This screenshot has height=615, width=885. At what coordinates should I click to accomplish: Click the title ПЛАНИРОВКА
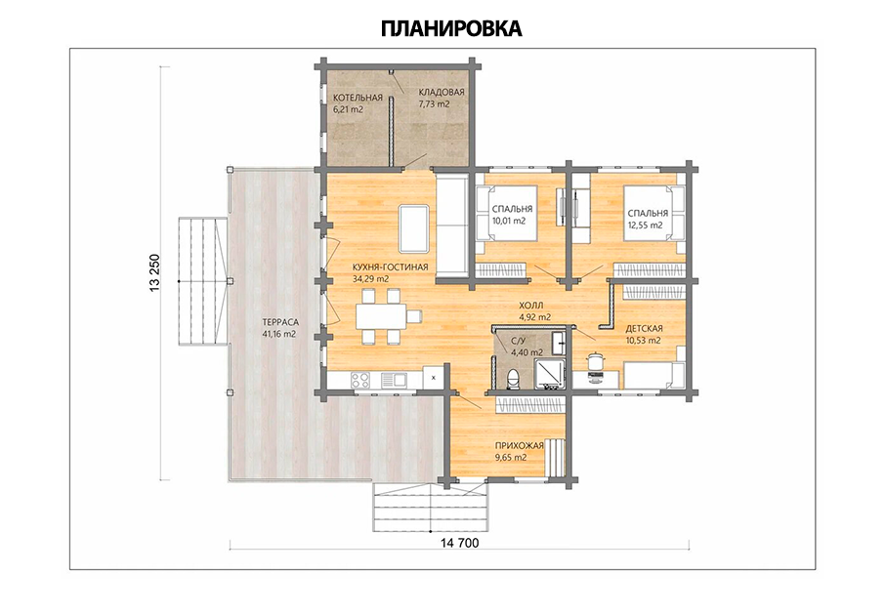(451, 28)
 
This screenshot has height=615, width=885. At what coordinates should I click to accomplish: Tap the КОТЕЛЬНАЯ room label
(358, 98)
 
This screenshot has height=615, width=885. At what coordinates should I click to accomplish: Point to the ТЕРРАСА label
(280, 322)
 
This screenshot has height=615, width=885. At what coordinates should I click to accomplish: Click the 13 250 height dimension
(155, 273)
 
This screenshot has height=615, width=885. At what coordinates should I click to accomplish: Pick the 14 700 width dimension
(459, 543)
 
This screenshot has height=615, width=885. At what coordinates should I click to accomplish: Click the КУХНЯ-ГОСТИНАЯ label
(390, 266)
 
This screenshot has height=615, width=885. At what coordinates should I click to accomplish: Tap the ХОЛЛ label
(531, 306)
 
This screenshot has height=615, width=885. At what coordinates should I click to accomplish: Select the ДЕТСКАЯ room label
(644, 328)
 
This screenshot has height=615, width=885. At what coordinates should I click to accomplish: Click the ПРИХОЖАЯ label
(519, 446)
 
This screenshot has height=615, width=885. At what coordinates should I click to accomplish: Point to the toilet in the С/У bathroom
(513, 379)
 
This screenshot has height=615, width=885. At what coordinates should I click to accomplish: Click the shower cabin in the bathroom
(550, 373)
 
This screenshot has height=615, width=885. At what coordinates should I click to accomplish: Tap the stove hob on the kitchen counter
(360, 379)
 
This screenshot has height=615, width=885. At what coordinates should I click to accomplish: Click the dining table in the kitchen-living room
(381, 316)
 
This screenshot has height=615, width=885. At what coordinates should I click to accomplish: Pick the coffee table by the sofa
(413, 228)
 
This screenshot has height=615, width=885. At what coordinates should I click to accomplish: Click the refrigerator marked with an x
(434, 378)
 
